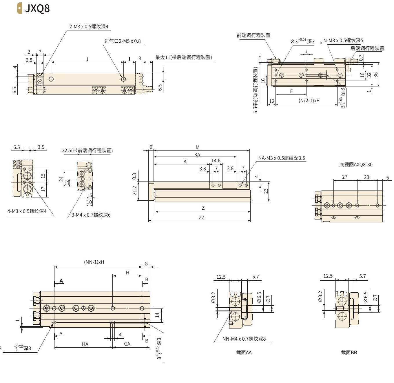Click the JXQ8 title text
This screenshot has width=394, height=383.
(x=37, y=8)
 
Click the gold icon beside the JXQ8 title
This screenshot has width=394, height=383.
(x=19, y=8)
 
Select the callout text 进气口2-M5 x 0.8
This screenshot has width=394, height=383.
(x=123, y=41)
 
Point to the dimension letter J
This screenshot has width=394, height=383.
(x=87, y=59)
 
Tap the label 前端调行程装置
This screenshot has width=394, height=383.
(x=253, y=35)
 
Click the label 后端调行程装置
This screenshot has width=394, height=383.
(x=367, y=48)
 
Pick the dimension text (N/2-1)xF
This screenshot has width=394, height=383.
(x=309, y=101)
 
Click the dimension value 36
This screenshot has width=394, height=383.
(x=375, y=75)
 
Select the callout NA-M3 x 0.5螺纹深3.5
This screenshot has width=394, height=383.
(x=281, y=158)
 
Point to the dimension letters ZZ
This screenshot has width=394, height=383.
(x=201, y=217)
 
